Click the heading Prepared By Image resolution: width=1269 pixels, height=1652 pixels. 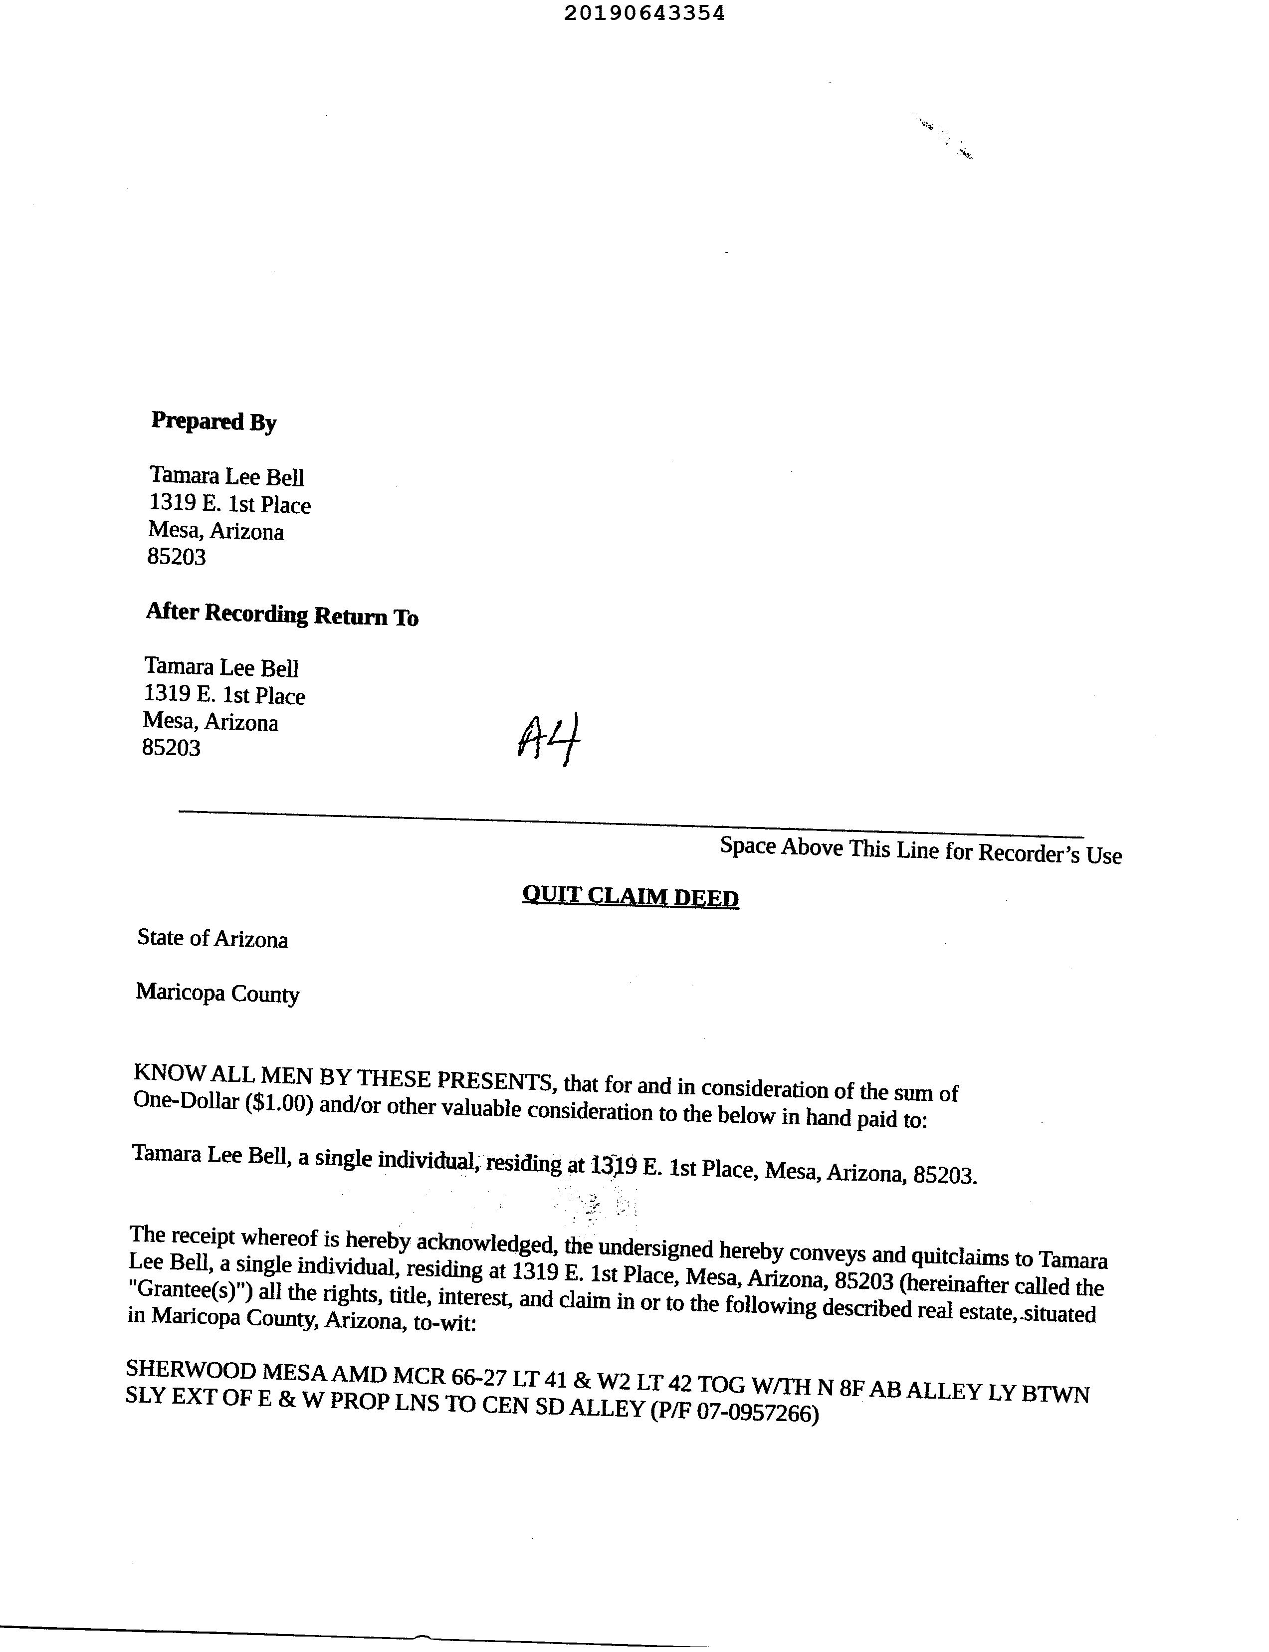(x=214, y=421)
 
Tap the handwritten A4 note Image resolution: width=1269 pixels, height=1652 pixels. (x=550, y=738)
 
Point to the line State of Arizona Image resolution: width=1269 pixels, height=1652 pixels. (x=212, y=938)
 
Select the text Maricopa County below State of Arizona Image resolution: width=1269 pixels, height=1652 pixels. (x=217, y=993)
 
